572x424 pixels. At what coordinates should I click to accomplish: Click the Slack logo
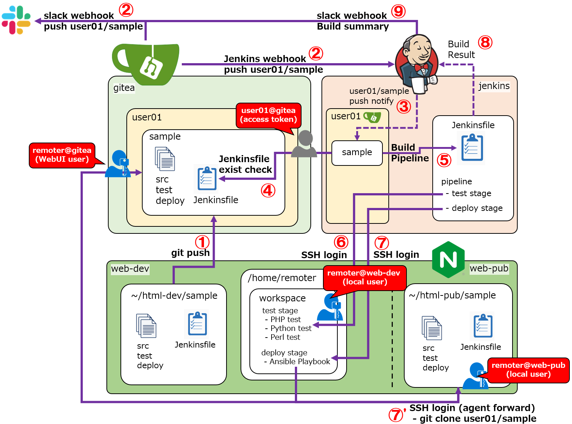point(16,20)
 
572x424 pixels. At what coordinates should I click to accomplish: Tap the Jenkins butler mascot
point(417,63)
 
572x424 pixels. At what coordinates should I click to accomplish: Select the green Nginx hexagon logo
point(448,260)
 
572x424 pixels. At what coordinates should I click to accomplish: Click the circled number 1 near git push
point(202,243)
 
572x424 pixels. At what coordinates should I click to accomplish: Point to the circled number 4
point(268,191)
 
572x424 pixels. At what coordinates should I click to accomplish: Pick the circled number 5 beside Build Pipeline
point(444,160)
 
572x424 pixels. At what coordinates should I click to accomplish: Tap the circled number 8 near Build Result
point(485,42)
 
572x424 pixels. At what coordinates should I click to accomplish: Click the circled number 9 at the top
point(398,11)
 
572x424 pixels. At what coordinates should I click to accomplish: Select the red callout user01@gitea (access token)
point(268,115)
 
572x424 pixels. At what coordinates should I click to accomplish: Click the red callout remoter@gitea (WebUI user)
point(62,155)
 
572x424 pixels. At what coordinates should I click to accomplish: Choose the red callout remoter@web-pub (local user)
point(528,370)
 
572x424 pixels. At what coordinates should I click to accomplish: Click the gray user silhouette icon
point(304,144)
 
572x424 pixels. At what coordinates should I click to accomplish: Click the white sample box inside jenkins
point(357,153)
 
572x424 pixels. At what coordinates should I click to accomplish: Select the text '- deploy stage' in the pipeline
point(474,208)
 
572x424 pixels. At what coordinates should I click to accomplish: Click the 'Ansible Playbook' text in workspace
point(299,362)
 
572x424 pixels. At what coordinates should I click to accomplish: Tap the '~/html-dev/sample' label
point(174,295)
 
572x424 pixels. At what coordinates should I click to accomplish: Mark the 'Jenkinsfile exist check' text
point(245,164)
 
